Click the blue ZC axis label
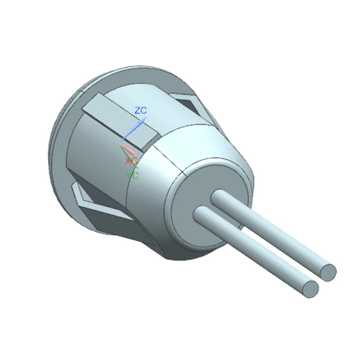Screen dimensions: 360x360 tap(140, 110)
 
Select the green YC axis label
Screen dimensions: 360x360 tap(132, 175)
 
